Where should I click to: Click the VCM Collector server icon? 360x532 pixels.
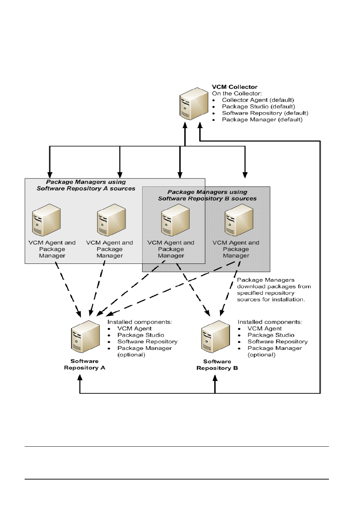(194, 104)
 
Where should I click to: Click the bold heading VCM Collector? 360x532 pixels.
(234, 87)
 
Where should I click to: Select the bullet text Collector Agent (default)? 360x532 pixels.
(258, 100)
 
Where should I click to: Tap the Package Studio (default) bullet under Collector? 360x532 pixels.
(258, 106)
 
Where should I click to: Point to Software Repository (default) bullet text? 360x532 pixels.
(265, 113)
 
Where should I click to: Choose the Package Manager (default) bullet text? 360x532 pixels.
(262, 120)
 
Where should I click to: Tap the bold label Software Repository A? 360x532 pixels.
(85, 365)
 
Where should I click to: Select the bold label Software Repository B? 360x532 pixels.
(217, 365)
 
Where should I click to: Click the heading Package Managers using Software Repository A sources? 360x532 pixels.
(86, 185)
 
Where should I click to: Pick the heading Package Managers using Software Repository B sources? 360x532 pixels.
(207, 195)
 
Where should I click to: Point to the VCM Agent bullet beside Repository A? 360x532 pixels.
(134, 328)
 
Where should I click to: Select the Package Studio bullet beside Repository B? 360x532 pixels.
(271, 335)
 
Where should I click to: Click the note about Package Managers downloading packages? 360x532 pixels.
(274, 290)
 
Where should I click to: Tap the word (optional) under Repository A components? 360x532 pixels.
(131, 355)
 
